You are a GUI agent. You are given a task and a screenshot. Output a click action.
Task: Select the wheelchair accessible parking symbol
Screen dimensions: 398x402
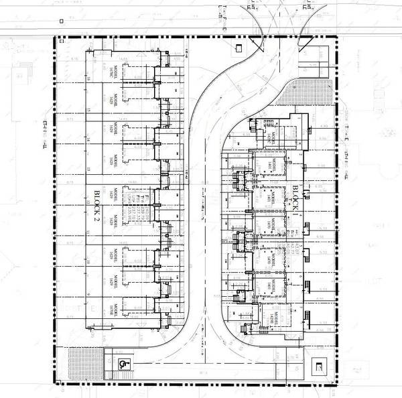[x=124, y=364]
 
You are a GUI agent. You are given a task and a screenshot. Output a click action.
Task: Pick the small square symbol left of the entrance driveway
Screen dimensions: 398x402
[x=240, y=47]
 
